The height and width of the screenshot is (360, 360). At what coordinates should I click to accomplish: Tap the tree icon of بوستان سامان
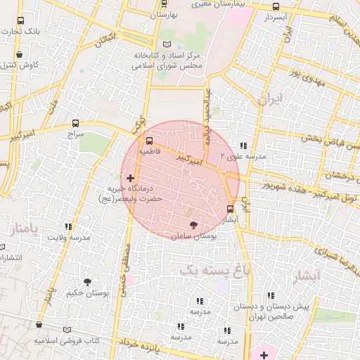(x=192, y=226)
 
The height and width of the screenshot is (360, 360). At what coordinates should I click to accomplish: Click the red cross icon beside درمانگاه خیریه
(x=130, y=179)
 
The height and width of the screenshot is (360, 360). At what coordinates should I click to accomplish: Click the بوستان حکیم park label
(x=88, y=292)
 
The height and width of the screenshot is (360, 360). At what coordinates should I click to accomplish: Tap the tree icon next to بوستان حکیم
(x=87, y=281)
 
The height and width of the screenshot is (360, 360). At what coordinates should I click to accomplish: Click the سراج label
(x=75, y=133)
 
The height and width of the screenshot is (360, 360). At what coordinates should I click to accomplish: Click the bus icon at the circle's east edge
(x=231, y=208)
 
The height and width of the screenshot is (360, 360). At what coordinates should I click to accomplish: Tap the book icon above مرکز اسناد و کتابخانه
(x=167, y=44)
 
